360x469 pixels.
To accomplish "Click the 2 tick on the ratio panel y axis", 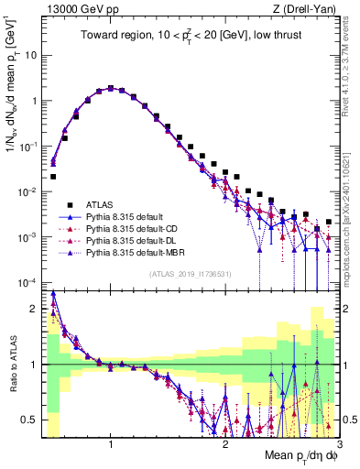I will pos(35,309).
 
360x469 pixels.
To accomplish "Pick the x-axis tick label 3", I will pos(339,443).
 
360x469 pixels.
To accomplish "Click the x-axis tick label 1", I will pos(111,443).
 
